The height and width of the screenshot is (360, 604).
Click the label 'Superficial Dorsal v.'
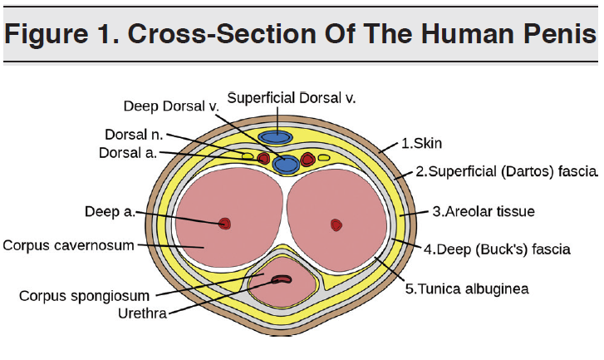pos(291,98)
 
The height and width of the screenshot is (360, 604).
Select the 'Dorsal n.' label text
pos(135,134)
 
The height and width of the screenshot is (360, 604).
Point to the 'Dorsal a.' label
pos(127,153)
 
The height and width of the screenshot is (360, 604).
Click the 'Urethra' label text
pos(143,313)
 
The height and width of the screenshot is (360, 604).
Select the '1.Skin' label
pos(421,143)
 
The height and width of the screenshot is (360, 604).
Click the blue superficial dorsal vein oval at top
pos(274,136)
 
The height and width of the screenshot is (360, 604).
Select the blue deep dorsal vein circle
pos(287,164)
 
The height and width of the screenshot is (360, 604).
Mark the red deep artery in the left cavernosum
pos(224,223)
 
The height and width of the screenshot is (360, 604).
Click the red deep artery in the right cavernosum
pos(336,224)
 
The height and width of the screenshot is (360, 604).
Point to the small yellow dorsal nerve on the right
pos(324,156)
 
